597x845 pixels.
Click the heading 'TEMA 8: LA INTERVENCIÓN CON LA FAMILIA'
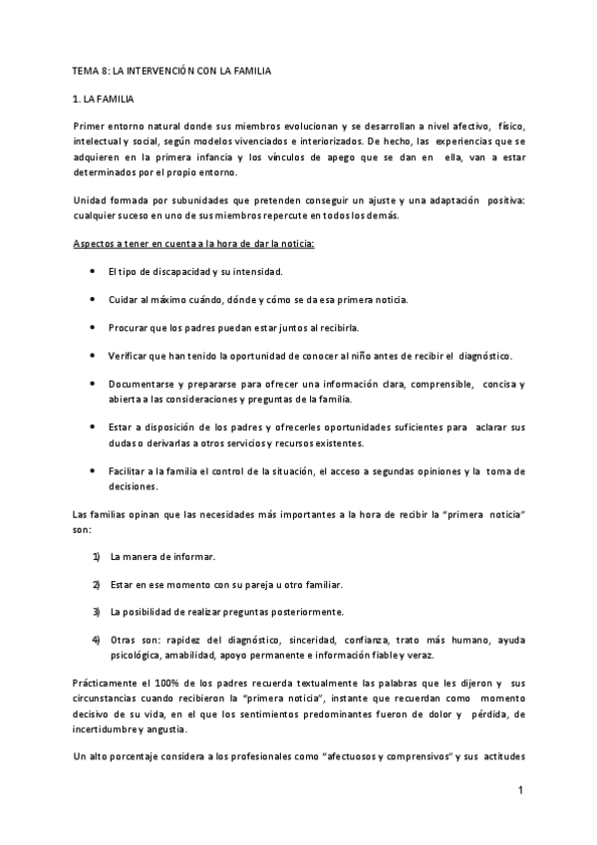(171, 72)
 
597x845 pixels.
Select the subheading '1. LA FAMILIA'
(107, 102)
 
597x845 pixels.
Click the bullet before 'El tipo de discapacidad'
(93, 272)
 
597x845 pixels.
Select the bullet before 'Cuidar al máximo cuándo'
(93, 299)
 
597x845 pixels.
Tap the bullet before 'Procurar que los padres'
(93, 327)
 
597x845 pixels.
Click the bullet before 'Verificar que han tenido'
(93, 355)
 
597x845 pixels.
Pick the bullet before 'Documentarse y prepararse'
(93, 383)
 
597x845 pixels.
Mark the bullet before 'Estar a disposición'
(93, 426)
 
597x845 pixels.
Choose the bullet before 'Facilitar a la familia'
(93, 470)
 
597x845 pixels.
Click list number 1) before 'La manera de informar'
(97, 556)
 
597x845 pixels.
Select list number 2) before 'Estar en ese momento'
(97, 583)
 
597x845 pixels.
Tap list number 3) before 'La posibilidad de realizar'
(97, 611)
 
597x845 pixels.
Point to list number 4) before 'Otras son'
(97, 639)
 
